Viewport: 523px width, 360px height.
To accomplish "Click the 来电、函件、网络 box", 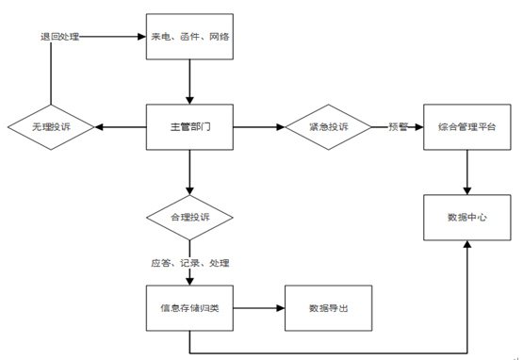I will click(190, 38).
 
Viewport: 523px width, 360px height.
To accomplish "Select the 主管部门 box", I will click(190, 127).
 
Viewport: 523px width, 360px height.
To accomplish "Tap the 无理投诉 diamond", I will click(52, 127).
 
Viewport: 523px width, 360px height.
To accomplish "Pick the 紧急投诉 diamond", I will click(329, 127).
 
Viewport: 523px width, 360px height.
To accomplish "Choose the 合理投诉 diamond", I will click(190, 218).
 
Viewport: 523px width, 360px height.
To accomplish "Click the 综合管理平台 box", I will click(468, 127).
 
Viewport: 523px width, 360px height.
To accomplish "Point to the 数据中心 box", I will click(468, 218).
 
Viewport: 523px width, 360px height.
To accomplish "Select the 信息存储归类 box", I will click(190, 308).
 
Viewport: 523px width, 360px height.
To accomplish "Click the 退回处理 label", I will click(59, 38).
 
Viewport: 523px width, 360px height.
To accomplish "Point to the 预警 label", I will click(398, 127).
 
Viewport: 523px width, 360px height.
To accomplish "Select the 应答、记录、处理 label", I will click(190, 263).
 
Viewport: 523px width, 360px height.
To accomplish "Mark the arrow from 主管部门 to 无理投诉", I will click(120, 127).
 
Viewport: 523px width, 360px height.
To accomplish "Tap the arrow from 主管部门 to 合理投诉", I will click(190, 172).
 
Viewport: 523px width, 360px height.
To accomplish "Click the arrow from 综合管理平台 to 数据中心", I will click(468, 172).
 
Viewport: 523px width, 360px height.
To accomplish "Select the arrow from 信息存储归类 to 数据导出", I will click(259, 308).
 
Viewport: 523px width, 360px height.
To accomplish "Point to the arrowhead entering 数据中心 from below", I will click(468, 248).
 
